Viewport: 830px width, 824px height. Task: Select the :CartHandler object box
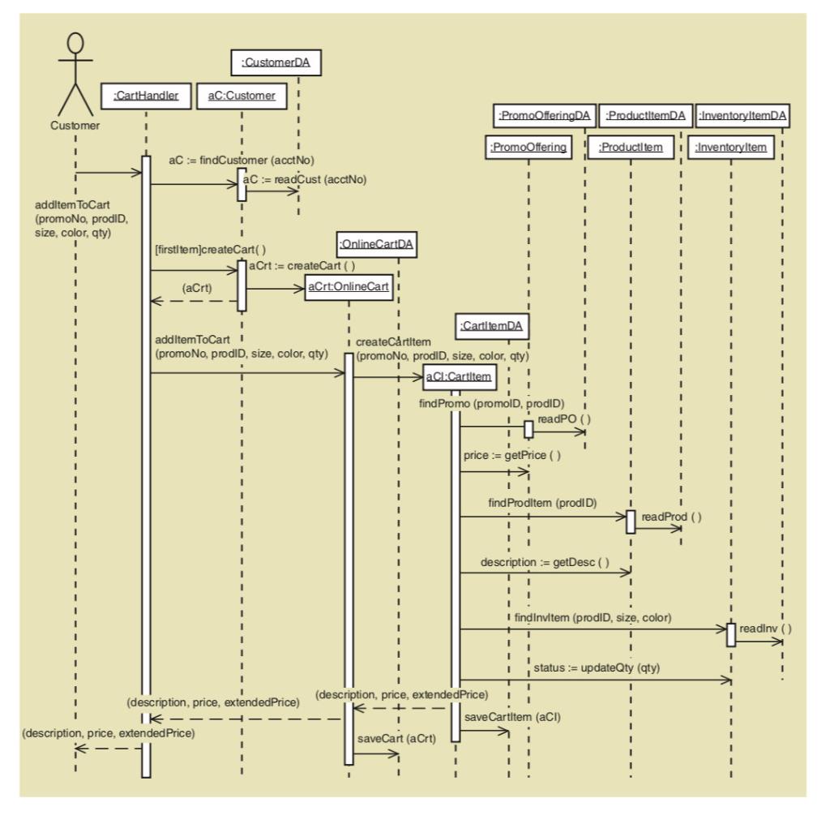coord(146,96)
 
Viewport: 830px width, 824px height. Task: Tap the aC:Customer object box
coord(242,96)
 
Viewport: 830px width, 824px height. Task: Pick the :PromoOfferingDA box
coord(544,116)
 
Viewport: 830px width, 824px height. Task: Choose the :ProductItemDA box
coord(645,116)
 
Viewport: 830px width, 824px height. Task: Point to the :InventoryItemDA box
coord(742,116)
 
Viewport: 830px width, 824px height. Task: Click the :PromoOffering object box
coord(527,148)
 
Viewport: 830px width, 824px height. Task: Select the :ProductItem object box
coord(631,148)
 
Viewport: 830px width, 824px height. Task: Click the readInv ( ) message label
coord(764,628)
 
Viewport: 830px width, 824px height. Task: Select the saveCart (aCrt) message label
coord(389,740)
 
